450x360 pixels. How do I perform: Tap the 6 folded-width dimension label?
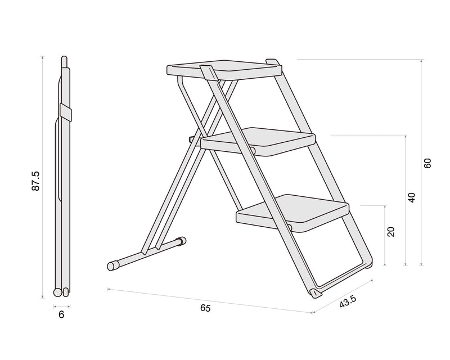coord(61,315)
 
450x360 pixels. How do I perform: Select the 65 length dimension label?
coord(205,308)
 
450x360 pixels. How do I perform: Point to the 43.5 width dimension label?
coord(348,301)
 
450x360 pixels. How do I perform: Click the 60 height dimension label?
coord(427,163)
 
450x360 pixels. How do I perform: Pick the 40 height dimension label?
coord(411,197)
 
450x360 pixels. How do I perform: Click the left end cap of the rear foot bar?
coord(112,264)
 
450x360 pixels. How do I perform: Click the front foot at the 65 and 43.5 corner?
coord(315,293)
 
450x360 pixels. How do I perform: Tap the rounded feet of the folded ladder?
coord(61,292)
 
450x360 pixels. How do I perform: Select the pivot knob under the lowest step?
coord(289,227)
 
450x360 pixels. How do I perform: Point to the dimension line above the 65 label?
coord(208,300)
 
